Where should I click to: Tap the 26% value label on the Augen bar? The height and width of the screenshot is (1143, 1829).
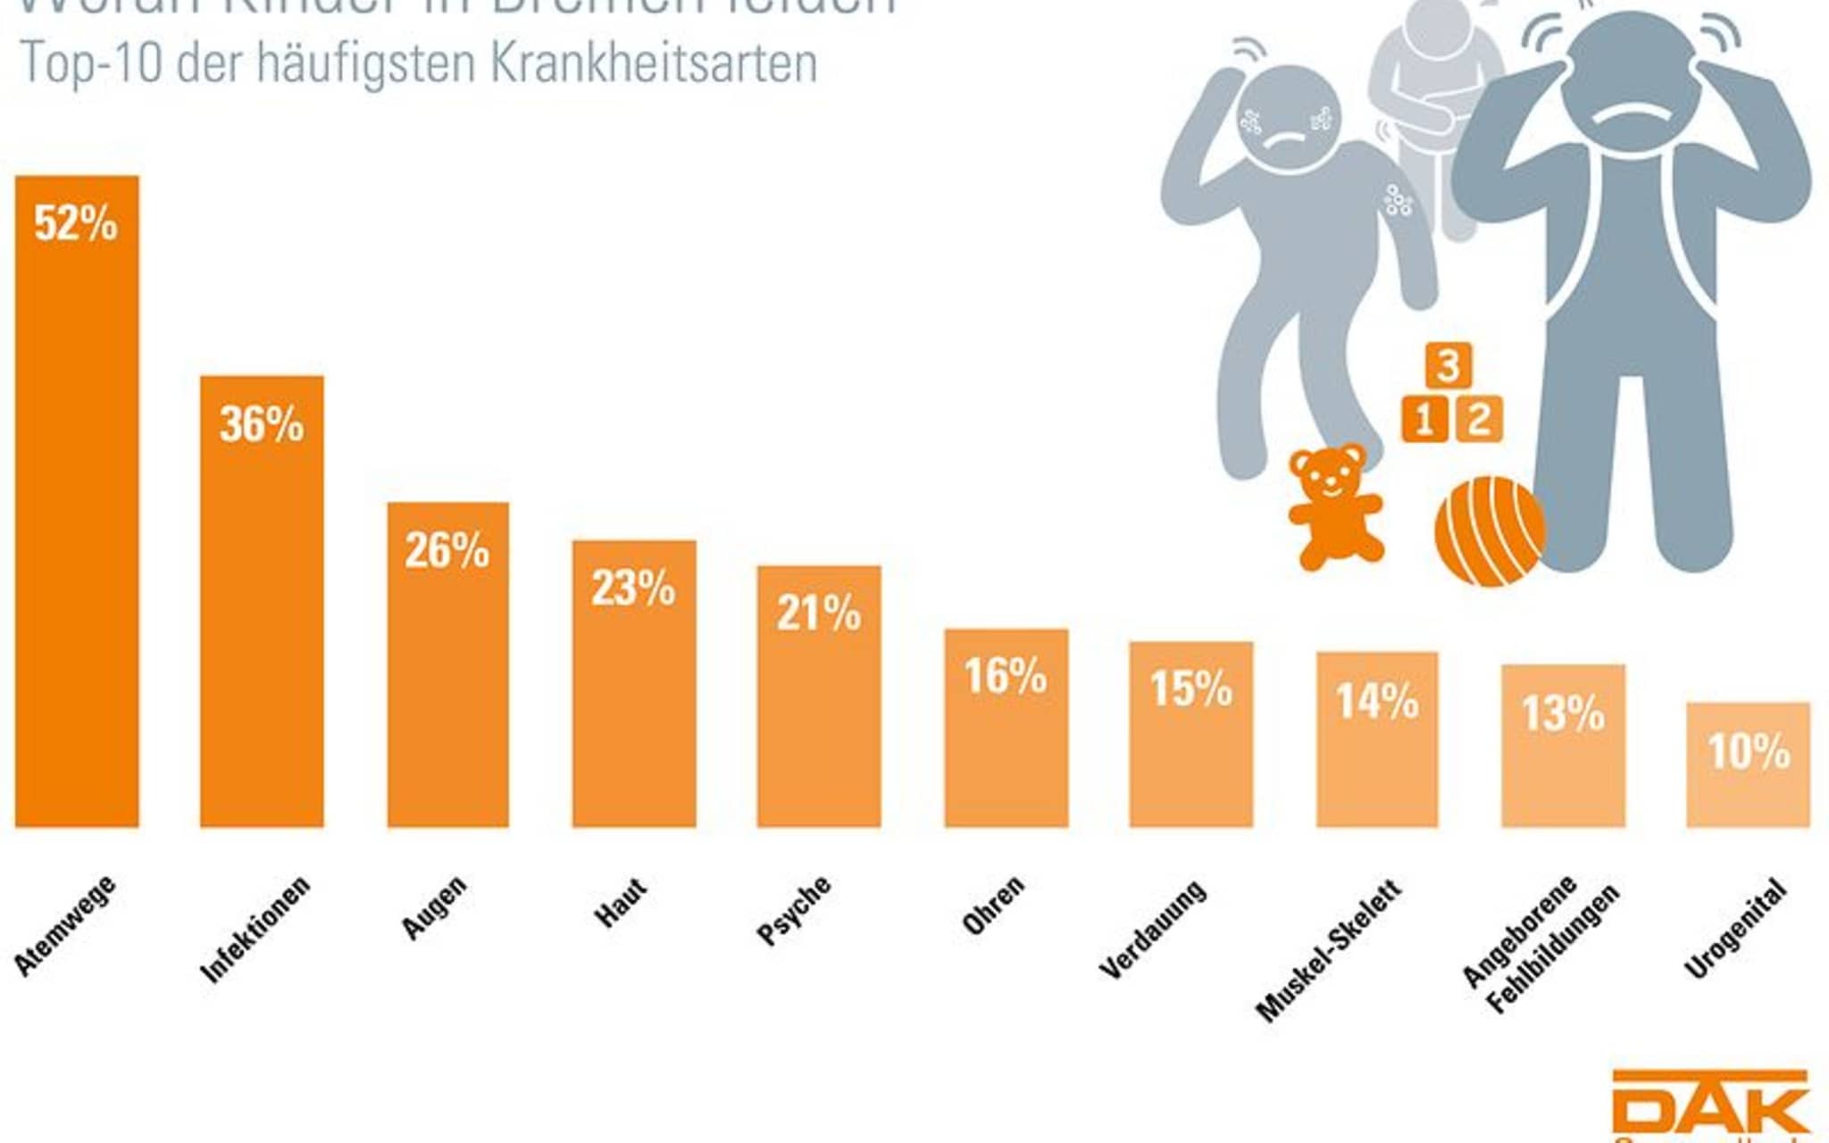point(447,550)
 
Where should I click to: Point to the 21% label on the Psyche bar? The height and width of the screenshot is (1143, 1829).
point(818,613)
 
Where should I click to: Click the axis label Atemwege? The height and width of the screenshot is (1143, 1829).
point(65,925)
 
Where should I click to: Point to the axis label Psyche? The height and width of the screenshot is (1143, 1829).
point(793,910)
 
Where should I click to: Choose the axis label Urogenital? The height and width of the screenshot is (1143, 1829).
point(1735,929)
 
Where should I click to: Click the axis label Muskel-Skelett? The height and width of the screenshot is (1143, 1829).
point(1328,951)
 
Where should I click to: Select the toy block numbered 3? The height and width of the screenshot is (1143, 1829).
point(1449,364)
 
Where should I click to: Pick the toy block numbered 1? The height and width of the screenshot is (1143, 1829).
point(1424,419)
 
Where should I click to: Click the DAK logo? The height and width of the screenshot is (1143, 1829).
point(1709,1107)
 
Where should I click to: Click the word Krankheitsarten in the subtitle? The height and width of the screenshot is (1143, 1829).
point(654,63)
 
